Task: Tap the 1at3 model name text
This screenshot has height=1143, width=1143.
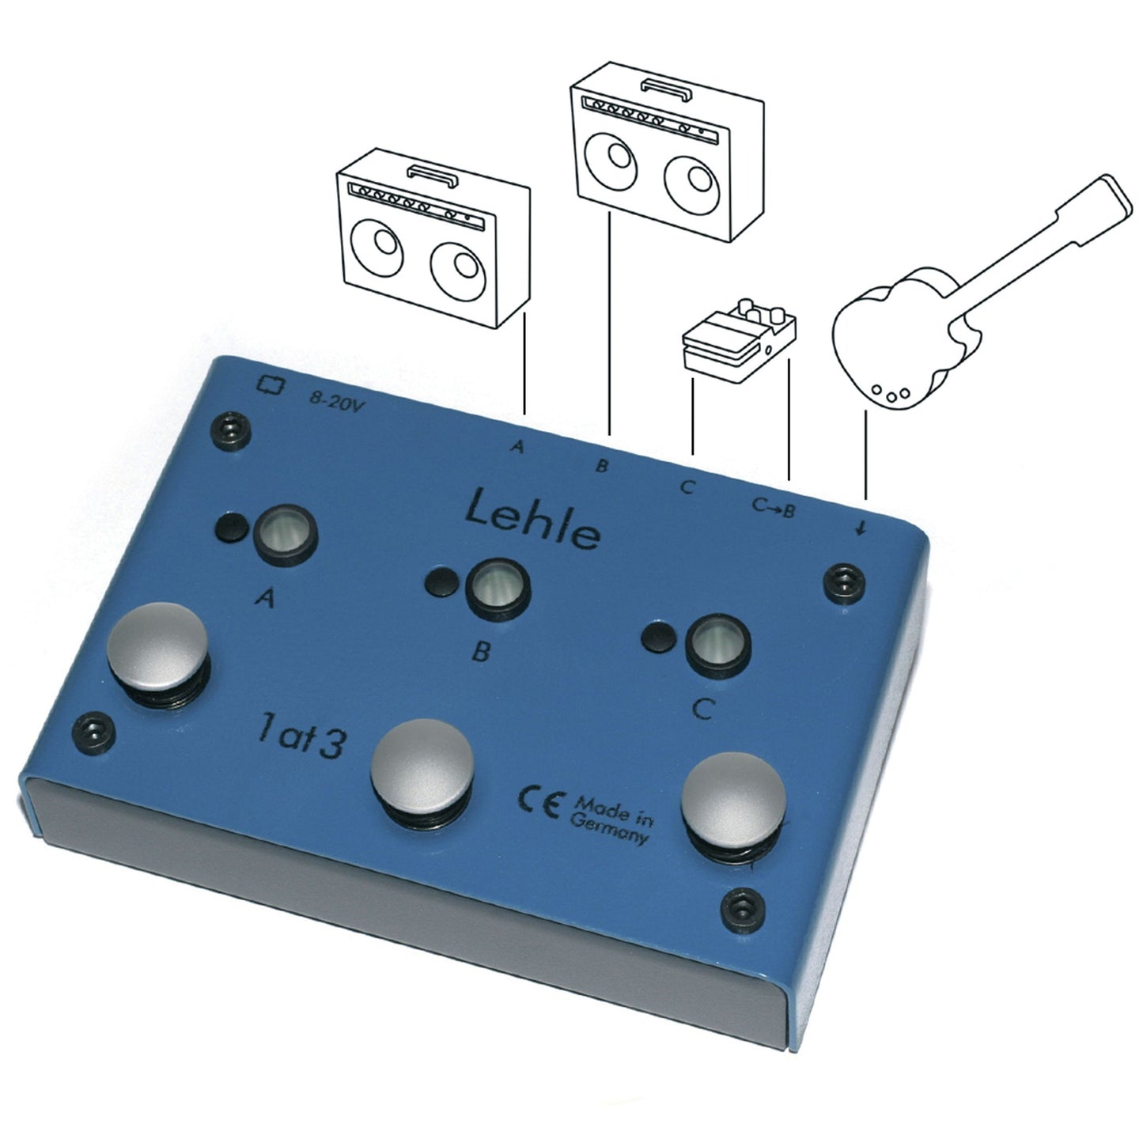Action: click(x=301, y=737)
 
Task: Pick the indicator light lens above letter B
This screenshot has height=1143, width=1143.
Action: click(x=497, y=590)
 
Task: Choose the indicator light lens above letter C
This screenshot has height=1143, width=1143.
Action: click(x=717, y=647)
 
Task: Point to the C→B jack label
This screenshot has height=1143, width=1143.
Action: click(x=773, y=507)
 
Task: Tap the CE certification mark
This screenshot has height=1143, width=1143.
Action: click(x=538, y=804)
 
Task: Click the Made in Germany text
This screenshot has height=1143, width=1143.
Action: click(x=611, y=820)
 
